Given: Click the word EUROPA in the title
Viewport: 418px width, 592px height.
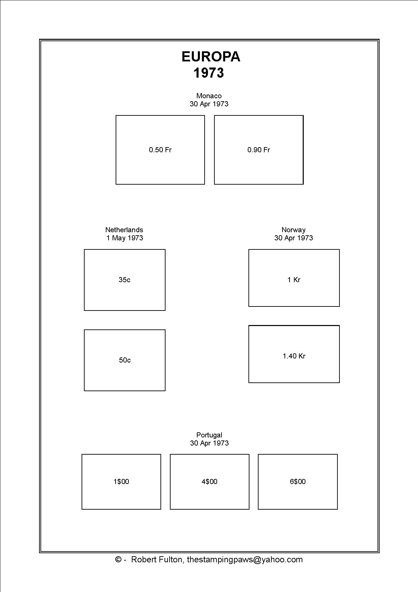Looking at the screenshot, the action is [x=211, y=57].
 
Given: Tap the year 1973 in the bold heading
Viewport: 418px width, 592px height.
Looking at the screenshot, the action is [x=209, y=73].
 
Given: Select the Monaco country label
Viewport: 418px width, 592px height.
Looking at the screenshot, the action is [x=209, y=96].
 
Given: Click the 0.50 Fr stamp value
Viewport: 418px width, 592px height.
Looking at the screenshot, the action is [x=160, y=150].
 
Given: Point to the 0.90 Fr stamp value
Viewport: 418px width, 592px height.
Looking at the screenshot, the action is [x=259, y=150].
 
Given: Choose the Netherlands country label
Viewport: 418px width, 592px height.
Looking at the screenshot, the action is [x=124, y=230].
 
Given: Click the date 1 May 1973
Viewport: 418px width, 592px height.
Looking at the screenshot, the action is [x=125, y=238].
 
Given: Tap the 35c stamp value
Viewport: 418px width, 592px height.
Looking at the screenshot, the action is [x=124, y=280].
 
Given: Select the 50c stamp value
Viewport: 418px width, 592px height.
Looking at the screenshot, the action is [x=125, y=360].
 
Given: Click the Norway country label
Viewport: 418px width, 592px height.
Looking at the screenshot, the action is [x=294, y=230].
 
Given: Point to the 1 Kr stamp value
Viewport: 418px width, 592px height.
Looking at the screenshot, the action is [x=294, y=280].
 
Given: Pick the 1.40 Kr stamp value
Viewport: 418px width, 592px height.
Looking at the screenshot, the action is [x=294, y=356].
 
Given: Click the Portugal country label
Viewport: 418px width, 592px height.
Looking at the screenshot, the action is [x=209, y=435].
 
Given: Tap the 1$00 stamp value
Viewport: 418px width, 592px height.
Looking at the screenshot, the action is [x=121, y=482].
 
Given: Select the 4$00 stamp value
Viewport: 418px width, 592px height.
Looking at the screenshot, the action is [x=210, y=482].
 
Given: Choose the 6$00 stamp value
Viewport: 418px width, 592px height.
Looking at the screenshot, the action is [x=298, y=482].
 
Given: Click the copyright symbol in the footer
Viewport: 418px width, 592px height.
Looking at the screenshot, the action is [x=118, y=560].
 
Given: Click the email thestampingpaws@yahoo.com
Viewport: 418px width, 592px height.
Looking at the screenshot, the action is [x=245, y=560].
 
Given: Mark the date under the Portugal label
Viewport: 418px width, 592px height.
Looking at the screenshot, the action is [x=209, y=443].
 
